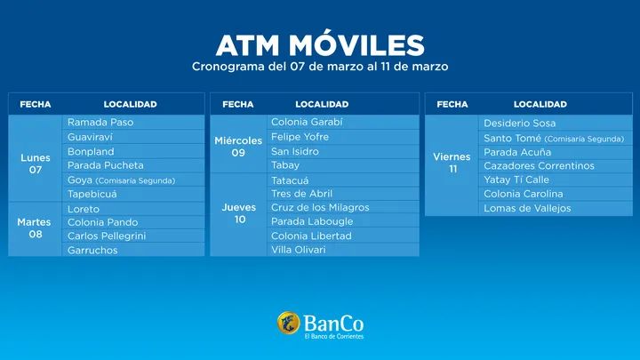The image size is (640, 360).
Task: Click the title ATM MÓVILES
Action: (320, 44)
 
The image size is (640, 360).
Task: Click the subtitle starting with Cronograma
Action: (320, 67)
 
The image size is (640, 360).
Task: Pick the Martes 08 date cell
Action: (35, 228)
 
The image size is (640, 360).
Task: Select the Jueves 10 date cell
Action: (238, 213)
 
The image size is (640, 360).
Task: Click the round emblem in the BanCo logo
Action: (288, 321)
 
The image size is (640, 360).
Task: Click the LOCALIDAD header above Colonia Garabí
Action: (322, 105)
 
